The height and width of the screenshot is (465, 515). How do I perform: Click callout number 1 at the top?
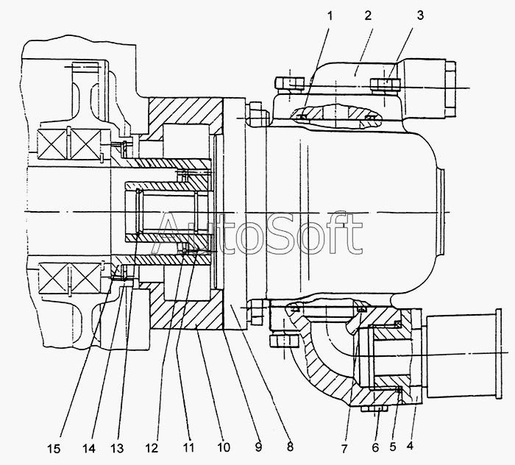coord(330,15)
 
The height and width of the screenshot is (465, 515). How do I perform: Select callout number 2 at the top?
coord(368,15)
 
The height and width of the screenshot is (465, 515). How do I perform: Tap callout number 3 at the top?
coord(420,15)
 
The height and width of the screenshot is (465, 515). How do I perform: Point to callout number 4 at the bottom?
coord(410,446)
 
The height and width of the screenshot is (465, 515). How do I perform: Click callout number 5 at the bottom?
coord(393,447)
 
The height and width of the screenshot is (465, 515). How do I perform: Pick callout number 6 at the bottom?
coord(375,447)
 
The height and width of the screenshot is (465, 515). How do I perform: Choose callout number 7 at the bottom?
coord(344,449)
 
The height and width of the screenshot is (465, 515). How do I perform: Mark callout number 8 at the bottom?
coord(290,447)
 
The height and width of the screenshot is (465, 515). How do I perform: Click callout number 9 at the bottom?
coord(258,447)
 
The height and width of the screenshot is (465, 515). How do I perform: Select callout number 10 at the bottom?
coord(223,447)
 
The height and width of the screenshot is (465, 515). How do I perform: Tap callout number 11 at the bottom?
coord(188,447)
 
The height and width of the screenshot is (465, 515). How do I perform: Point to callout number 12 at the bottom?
coord(152,448)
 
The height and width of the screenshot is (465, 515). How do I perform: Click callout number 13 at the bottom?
coord(117,448)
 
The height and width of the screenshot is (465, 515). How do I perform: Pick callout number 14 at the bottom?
coord(89,448)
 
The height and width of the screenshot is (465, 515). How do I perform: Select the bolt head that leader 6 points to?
coord(374,409)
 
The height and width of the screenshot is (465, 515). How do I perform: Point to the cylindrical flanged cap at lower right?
coord(464,353)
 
